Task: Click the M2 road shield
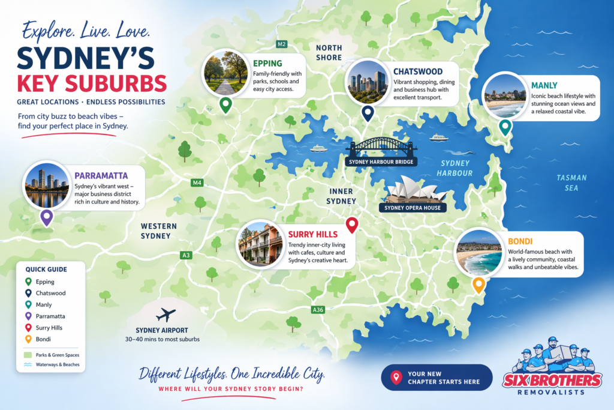(x=281, y=44)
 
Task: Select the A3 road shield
(x=186, y=255)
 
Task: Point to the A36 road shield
(x=318, y=310)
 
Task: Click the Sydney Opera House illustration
(x=416, y=189)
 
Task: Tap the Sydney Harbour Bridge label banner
(x=381, y=161)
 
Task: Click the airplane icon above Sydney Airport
(x=165, y=315)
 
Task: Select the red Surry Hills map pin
(x=352, y=225)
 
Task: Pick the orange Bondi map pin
(x=478, y=285)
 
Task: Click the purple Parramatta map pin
(x=46, y=217)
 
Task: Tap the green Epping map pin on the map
(x=225, y=105)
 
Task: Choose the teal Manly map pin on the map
(x=505, y=127)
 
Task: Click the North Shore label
(x=330, y=53)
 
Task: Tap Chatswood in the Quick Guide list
(x=50, y=293)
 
